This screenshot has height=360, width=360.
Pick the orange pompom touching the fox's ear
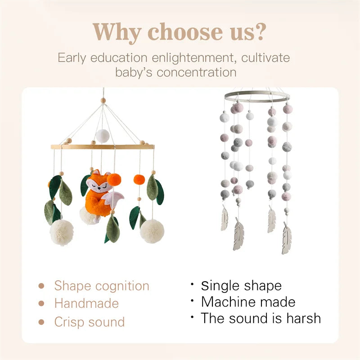114,179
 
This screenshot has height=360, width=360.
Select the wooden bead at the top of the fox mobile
103,101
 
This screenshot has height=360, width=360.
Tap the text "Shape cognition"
102,286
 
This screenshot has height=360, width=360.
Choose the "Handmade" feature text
86,304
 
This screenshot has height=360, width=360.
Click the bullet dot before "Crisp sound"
41,322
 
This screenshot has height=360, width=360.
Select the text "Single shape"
241,286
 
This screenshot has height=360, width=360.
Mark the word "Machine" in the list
228,301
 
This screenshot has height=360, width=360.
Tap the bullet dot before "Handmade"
41,304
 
